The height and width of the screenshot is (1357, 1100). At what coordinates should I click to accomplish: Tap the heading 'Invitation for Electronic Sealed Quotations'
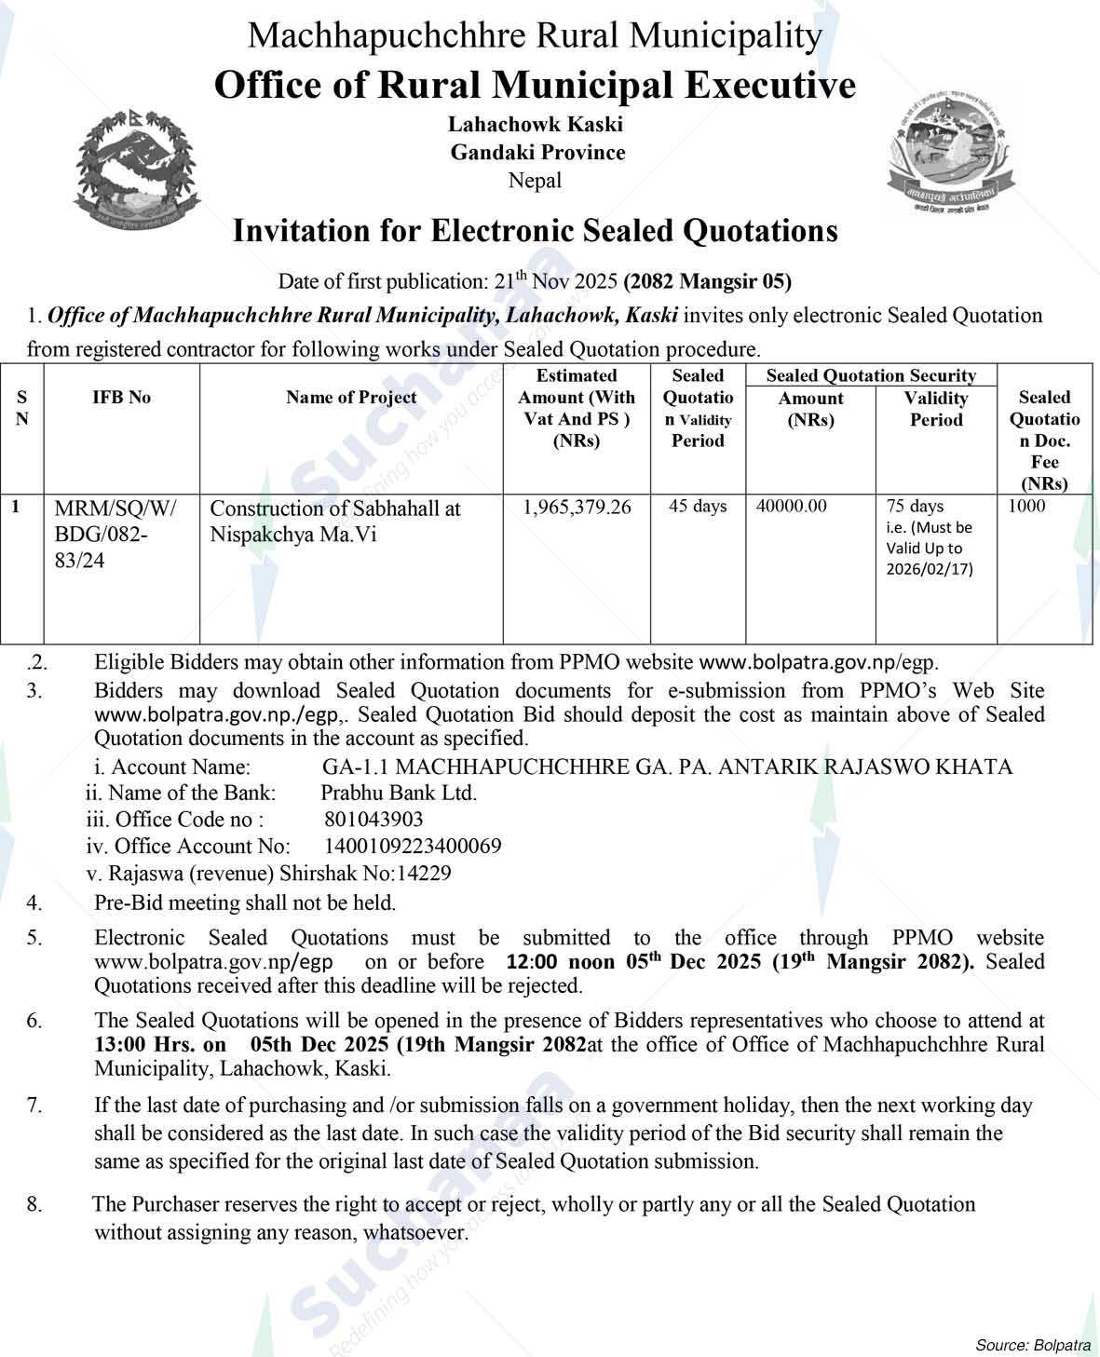[x=535, y=231]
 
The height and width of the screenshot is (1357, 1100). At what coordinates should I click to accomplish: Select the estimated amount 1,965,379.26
[x=577, y=508]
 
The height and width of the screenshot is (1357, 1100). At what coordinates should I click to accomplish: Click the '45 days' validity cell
[x=698, y=507]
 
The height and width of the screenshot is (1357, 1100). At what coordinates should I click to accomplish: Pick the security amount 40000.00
[x=791, y=507]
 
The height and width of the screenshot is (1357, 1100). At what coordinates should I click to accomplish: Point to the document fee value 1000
[x=1026, y=507]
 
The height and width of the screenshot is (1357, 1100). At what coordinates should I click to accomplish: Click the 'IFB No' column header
[x=121, y=398]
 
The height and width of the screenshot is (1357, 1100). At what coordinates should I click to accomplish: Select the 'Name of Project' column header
[x=351, y=398]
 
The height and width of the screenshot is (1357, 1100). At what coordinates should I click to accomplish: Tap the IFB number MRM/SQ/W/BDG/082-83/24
[x=115, y=535]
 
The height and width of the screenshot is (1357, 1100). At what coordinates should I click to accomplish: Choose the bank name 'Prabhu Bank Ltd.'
[x=399, y=794]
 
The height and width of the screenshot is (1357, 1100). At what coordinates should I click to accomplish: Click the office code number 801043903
[x=373, y=820]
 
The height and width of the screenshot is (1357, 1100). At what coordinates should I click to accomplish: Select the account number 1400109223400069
[x=413, y=847]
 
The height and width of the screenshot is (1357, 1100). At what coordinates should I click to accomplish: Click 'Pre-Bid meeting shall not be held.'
[x=245, y=902]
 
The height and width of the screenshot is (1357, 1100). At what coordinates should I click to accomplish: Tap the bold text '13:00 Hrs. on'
[x=159, y=1045]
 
